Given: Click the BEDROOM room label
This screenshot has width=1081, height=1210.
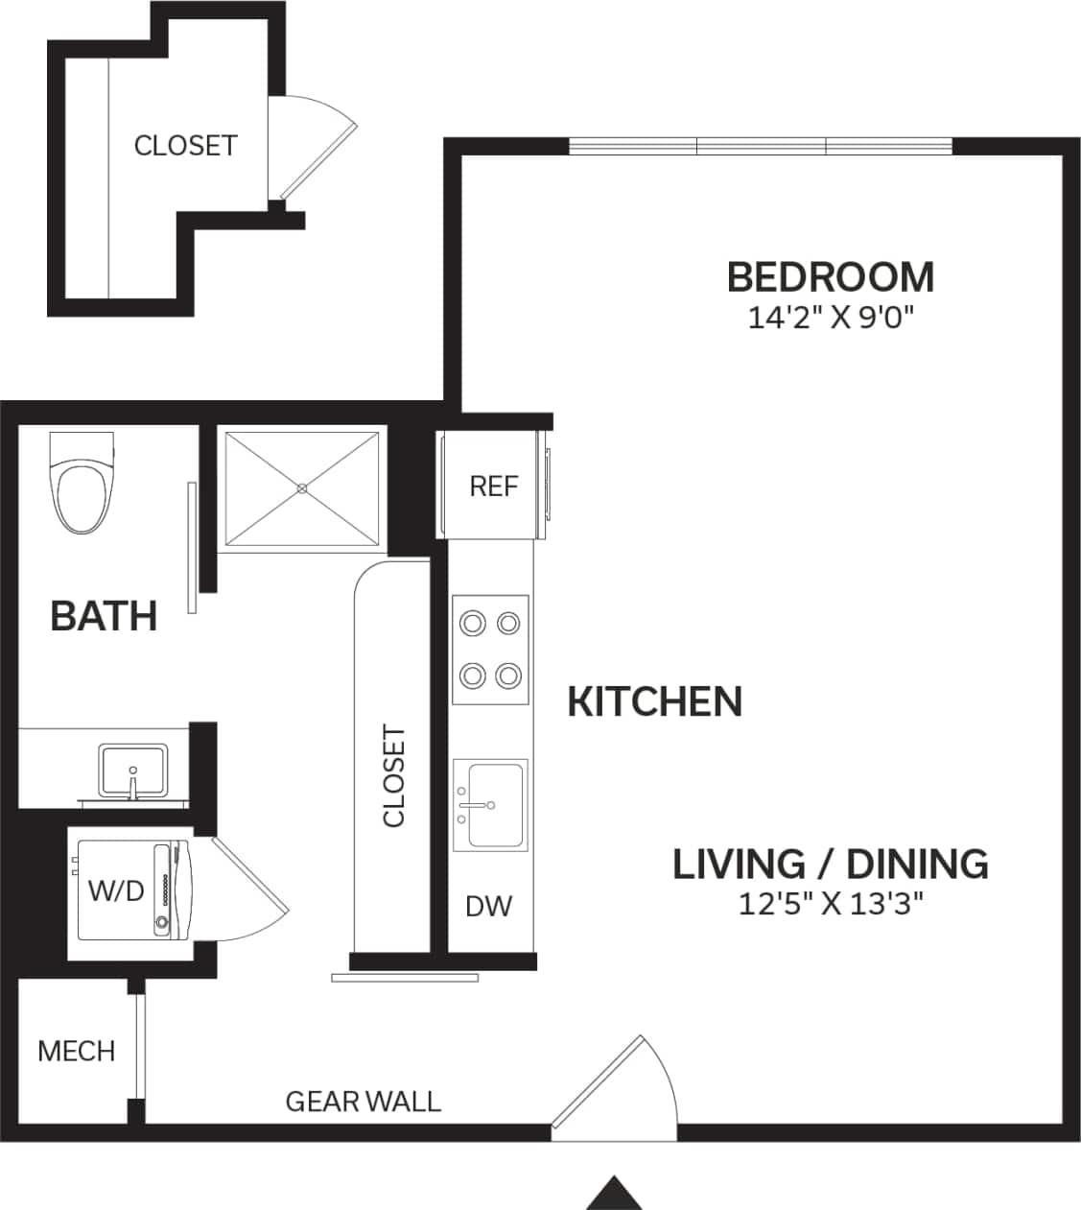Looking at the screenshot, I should pyautogui.click(x=830, y=277).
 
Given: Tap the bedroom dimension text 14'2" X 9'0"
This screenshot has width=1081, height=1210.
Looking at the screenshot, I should pyautogui.click(x=830, y=318).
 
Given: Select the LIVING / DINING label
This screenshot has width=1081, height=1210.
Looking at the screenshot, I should pyautogui.click(x=830, y=864).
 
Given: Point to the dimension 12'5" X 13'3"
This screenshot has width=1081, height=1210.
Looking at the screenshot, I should pyautogui.click(x=830, y=904).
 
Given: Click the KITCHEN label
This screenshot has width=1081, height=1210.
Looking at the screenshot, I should pyautogui.click(x=655, y=701).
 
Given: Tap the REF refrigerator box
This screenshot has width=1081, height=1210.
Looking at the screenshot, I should pyautogui.click(x=493, y=486).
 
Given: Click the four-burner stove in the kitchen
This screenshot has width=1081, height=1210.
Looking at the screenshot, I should pyautogui.click(x=490, y=650).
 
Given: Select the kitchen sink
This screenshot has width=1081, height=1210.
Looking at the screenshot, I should pyautogui.click(x=490, y=804).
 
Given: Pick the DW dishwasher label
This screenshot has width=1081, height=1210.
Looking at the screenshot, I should pyautogui.click(x=489, y=905).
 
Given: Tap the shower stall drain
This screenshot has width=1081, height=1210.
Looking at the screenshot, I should pyautogui.click(x=302, y=488).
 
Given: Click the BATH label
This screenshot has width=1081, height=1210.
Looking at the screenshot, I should pyautogui.click(x=104, y=616).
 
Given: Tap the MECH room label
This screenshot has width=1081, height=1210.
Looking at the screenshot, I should pyautogui.click(x=76, y=1051).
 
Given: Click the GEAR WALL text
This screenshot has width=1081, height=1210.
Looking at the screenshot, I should pyautogui.click(x=364, y=1101).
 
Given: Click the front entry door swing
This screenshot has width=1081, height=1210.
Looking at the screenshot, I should pyautogui.click(x=614, y=1084).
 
